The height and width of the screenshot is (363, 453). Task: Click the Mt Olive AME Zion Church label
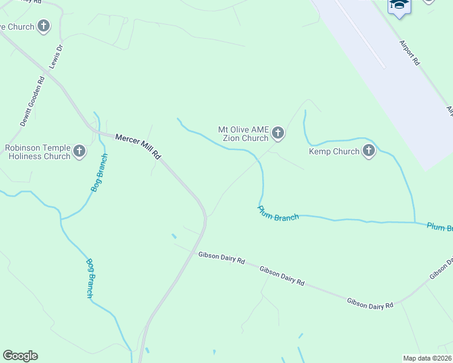243,133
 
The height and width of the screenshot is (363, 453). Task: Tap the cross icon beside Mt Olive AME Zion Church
277,132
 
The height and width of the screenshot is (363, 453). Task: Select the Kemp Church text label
334,151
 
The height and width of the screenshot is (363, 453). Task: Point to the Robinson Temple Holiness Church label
38,152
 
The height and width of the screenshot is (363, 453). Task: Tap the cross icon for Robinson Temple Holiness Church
79,151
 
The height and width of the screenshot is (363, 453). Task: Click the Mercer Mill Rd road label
138,146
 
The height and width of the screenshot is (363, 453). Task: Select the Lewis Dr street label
56,56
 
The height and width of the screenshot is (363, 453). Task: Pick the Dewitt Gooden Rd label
33,100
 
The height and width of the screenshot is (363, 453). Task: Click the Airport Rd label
409,52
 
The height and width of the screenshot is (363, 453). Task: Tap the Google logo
20,356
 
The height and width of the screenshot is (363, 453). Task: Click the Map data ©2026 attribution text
427,358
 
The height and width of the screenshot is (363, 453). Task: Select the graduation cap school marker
399,5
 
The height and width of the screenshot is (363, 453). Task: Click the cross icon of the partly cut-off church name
44,26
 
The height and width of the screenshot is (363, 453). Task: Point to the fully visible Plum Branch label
278,214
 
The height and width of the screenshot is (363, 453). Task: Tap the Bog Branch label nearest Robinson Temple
100,172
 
